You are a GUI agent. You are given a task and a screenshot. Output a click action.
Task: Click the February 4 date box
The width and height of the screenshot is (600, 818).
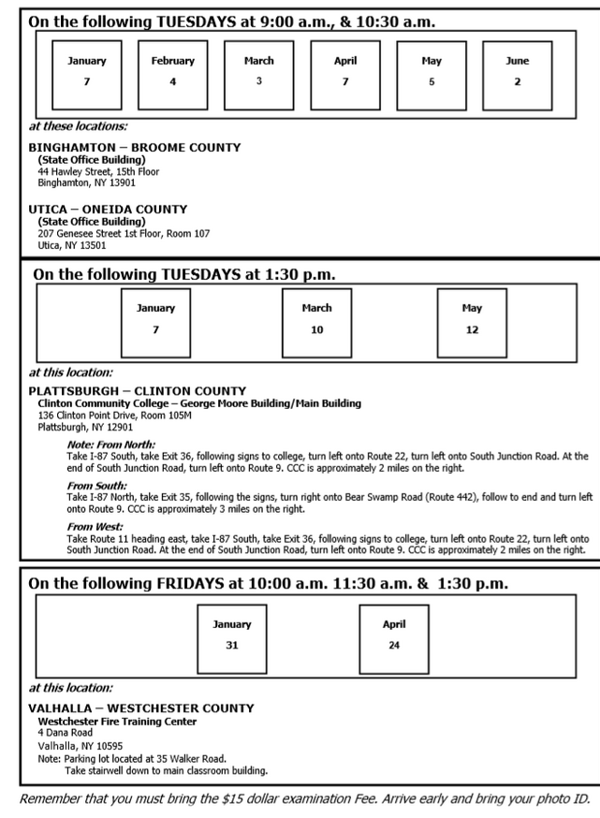point(173,74)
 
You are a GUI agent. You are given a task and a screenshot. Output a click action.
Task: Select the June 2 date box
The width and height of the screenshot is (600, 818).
point(517,74)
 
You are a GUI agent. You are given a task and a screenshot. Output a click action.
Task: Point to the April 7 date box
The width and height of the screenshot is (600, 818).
point(345,74)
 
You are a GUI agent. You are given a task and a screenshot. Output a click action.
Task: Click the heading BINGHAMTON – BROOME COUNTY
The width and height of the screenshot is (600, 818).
point(134,148)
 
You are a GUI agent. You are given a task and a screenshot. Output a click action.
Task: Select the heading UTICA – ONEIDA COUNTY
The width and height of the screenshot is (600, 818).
point(108,210)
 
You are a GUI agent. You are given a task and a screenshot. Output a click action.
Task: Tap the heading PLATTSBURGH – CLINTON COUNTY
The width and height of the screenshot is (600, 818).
point(138,391)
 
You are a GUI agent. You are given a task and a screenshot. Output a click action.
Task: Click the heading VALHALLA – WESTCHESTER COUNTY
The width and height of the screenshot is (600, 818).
point(140,708)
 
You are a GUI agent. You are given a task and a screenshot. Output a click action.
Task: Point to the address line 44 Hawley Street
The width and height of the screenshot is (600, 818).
point(98,172)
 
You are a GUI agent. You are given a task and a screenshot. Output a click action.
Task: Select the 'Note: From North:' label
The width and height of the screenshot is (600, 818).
point(110,445)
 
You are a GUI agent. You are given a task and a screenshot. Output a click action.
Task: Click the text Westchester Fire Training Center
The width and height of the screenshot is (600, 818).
point(117,721)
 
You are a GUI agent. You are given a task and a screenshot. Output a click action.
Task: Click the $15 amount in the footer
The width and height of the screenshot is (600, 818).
point(250,801)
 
